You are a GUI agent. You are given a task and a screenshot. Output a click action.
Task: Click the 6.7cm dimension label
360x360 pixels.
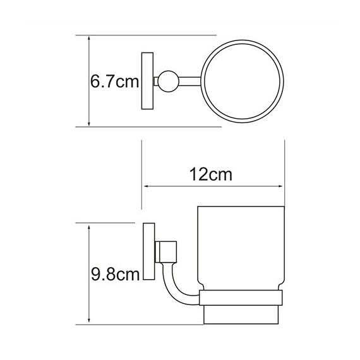(114, 81)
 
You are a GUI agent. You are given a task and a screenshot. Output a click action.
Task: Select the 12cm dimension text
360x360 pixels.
(211, 175)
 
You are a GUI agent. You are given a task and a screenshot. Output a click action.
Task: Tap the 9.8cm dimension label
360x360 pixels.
(115, 275)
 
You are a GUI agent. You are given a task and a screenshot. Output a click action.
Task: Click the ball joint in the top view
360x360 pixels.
(168, 81)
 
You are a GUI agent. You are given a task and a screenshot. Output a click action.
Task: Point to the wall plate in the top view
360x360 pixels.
(147, 81)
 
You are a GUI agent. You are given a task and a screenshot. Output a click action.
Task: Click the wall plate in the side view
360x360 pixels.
(149, 251)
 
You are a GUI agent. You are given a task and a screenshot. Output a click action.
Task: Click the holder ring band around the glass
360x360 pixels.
(241, 297)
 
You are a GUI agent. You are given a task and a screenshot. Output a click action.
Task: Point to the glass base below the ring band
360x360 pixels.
(241, 315)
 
